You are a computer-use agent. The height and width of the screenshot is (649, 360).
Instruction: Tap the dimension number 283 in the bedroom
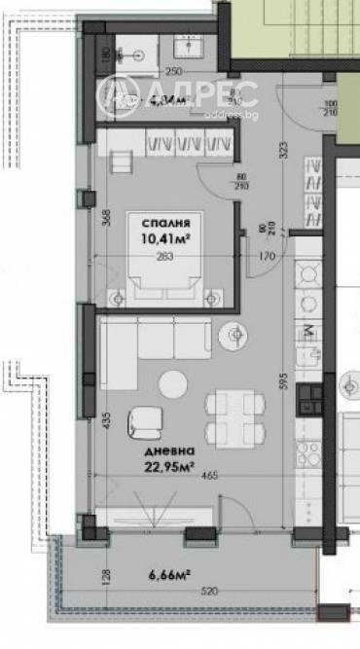[165, 258]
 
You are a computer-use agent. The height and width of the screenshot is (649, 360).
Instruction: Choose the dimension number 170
[267, 256]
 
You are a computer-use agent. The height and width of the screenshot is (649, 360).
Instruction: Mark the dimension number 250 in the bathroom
[173, 71]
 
